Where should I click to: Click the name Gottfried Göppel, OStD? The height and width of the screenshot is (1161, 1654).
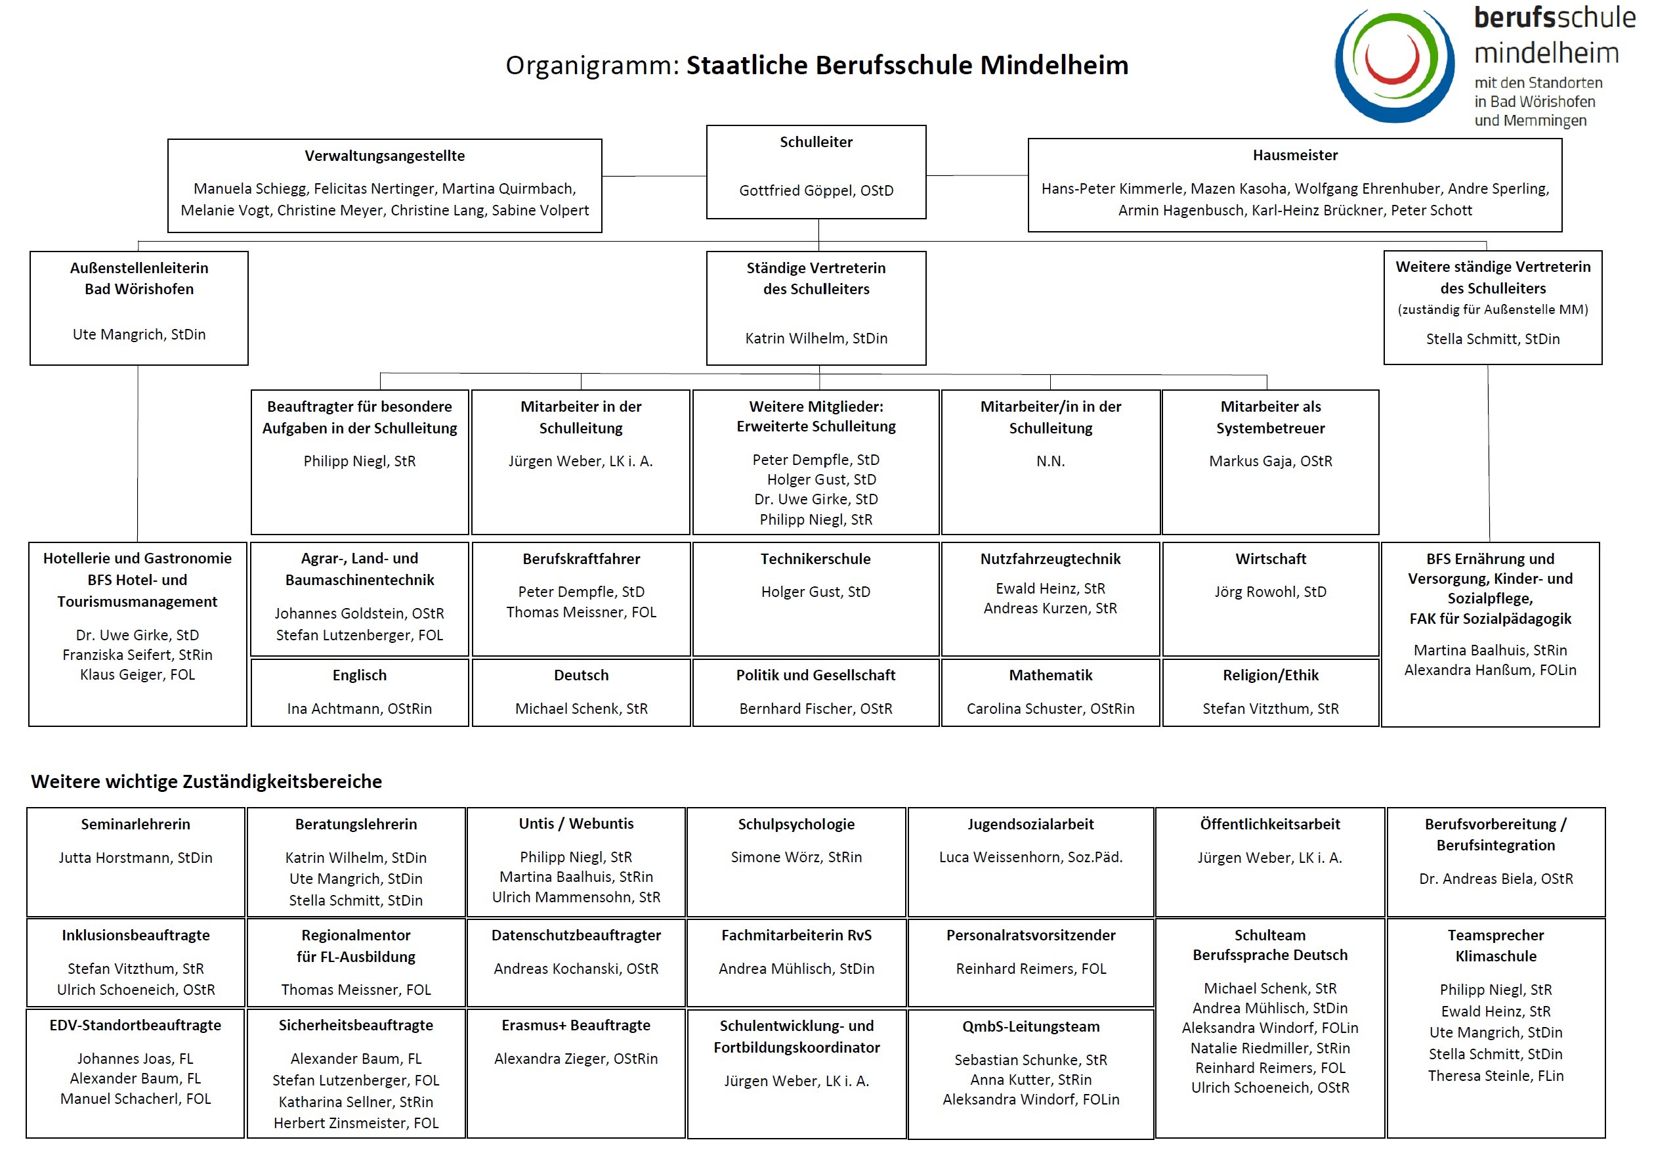[x=816, y=190]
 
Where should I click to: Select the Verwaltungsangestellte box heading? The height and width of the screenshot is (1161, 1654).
[x=385, y=156]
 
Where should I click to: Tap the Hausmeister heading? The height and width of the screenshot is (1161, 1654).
[x=1294, y=155]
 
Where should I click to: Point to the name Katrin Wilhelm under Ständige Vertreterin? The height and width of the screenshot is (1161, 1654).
[x=816, y=338]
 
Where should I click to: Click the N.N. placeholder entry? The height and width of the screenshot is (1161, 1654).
[x=1050, y=460]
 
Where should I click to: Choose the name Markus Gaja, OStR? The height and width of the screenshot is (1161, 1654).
[x=1270, y=460]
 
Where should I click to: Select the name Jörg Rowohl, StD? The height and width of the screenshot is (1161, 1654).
[x=1270, y=592]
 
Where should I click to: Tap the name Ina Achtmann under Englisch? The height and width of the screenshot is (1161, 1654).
[x=360, y=709]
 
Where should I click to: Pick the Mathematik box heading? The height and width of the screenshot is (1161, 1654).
[x=1050, y=675]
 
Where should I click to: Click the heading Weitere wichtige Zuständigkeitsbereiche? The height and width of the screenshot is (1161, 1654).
[x=206, y=781]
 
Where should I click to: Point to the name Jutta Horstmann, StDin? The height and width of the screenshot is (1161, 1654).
[x=135, y=858]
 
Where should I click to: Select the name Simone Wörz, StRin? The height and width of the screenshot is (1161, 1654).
[x=796, y=857]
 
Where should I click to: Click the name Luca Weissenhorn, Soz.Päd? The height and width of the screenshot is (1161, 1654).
[x=1030, y=857]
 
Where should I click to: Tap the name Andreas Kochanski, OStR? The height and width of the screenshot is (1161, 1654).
[x=576, y=969]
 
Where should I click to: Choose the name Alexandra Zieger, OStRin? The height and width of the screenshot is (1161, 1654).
[x=576, y=1059]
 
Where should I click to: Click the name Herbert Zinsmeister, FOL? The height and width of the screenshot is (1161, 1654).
[x=356, y=1123]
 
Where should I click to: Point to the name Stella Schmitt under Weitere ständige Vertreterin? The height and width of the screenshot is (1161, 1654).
[x=1493, y=339]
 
